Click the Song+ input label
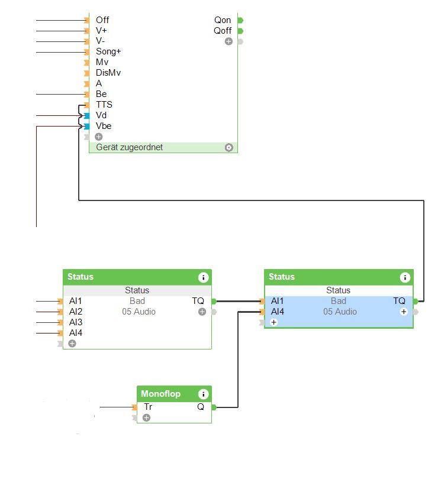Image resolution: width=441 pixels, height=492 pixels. (x=108, y=51)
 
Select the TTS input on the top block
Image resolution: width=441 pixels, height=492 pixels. (x=104, y=105)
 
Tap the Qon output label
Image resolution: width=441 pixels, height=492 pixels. (x=223, y=20)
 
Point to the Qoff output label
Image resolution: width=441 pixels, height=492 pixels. (x=223, y=31)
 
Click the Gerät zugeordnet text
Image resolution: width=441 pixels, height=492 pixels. (x=129, y=147)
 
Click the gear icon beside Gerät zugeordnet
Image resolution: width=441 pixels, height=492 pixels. (x=229, y=147)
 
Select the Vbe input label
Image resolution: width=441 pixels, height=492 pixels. (x=103, y=126)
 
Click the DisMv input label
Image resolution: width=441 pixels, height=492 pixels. (x=108, y=73)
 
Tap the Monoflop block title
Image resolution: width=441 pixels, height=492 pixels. (x=160, y=394)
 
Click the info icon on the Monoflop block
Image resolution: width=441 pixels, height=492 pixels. (x=203, y=394)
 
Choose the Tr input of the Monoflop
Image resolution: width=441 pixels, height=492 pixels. (x=148, y=407)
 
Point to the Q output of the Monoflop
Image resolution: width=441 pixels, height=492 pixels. (x=201, y=407)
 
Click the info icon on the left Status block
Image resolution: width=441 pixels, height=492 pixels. (x=203, y=277)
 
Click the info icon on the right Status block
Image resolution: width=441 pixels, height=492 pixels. (x=404, y=277)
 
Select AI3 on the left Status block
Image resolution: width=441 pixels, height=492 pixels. (x=76, y=322)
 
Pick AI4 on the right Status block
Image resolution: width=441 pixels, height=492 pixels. (x=277, y=312)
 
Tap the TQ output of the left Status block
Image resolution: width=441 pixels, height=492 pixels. (x=198, y=301)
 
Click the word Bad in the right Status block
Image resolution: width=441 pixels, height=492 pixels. (x=339, y=301)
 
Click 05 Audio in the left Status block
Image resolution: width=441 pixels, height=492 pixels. (x=139, y=312)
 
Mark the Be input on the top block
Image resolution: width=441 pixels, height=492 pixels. (x=101, y=94)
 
